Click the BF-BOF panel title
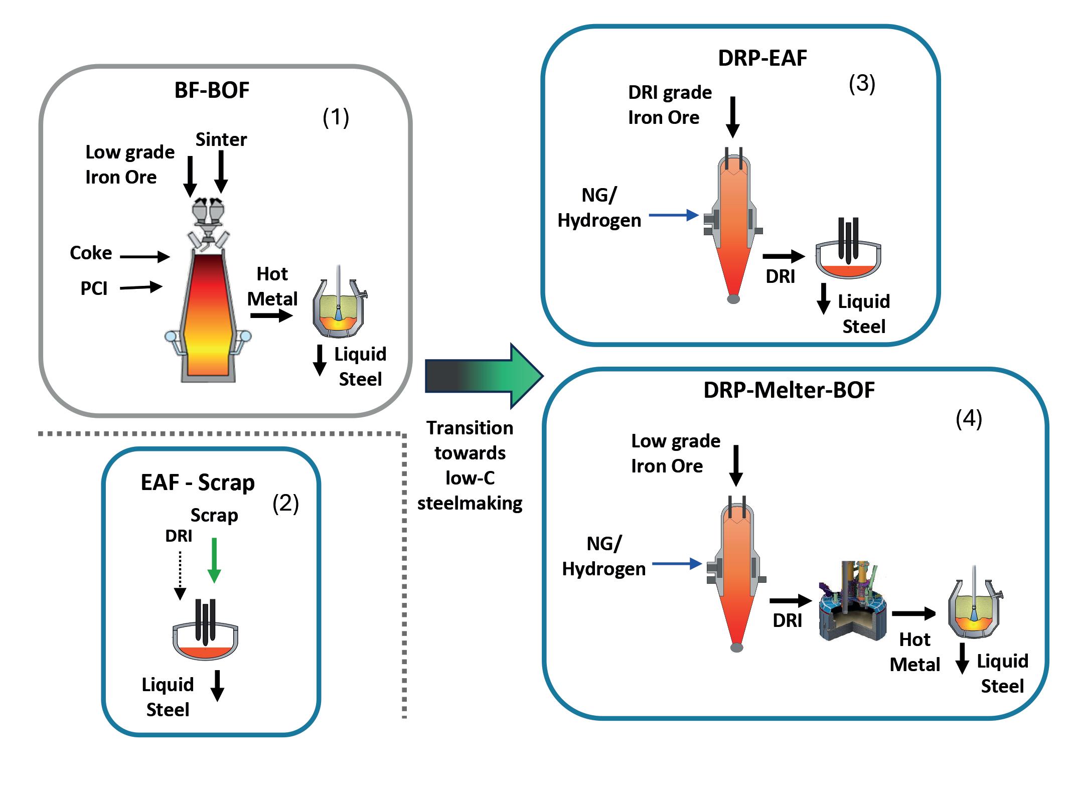[212, 91]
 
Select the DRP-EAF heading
[762, 59]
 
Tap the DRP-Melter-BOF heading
[789, 391]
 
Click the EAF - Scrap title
[198, 483]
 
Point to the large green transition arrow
[484, 376]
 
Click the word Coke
[91, 253]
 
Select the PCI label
[94, 289]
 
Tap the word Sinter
[221, 140]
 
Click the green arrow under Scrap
[214, 560]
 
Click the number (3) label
[862, 83]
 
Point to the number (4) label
[969, 419]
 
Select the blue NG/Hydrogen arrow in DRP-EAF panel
[674, 216]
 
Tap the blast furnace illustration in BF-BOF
[208, 311]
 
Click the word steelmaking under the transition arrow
[470, 503]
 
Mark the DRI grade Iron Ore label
[670, 105]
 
